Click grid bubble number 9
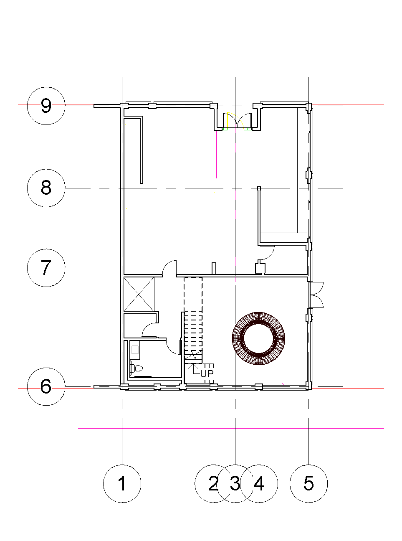point(46,106)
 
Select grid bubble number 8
point(46,188)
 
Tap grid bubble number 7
point(46,268)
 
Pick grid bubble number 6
point(46,386)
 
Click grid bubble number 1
point(122,483)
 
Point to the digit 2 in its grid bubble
point(213,483)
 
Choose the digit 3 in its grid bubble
point(235,483)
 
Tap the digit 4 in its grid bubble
point(259,483)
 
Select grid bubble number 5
point(308,483)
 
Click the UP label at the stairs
point(207,373)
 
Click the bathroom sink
point(135,350)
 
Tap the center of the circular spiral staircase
point(259,338)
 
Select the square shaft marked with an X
point(139,294)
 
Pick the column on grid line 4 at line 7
point(260,267)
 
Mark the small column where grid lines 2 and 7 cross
point(214,269)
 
